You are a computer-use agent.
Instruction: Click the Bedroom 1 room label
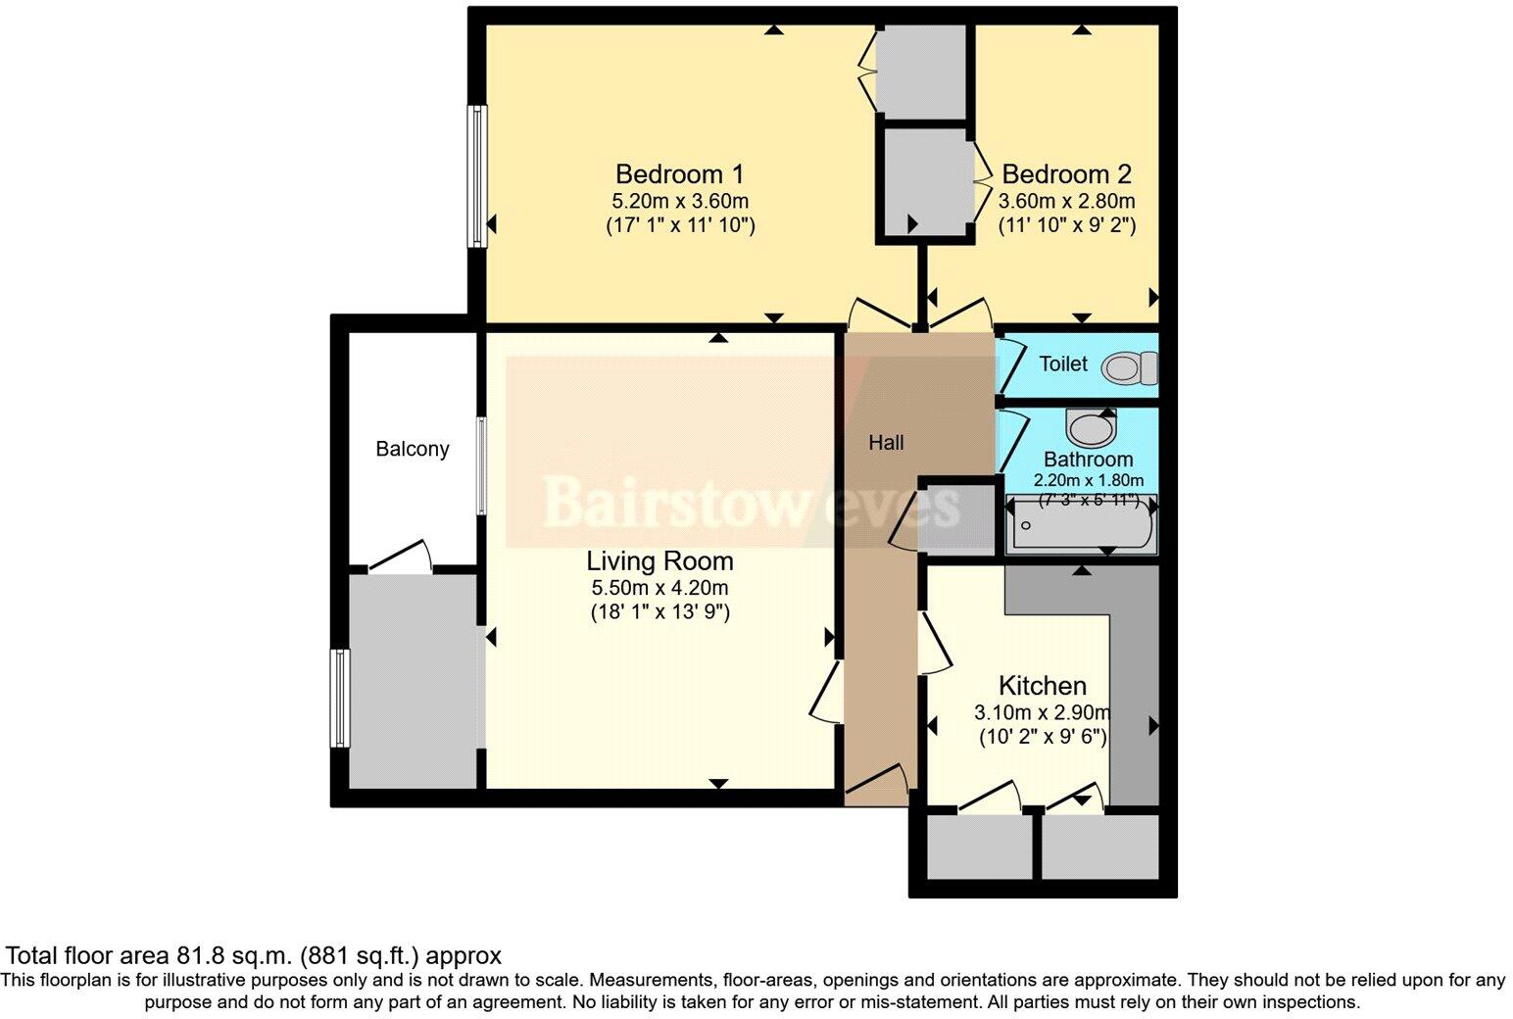coord(679,174)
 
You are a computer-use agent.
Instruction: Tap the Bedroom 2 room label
coord(1066,174)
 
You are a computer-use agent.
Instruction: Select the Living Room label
coord(659,561)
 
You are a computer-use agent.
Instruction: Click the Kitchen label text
coord(1042,685)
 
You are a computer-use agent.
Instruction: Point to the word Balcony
coord(413,449)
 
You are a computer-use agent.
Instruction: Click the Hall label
coord(886,443)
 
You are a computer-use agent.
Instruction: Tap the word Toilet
coord(1063,364)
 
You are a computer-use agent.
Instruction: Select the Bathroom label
coord(1088,460)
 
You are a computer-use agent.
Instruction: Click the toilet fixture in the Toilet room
coord(1129,368)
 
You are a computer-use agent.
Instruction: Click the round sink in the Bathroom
coord(1090,427)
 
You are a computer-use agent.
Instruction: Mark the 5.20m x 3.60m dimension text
coord(679,202)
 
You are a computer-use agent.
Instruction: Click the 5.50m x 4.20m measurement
coord(659,589)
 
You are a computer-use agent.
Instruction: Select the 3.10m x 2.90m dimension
coord(1042,712)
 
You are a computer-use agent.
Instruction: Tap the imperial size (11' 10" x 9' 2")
coord(1066,225)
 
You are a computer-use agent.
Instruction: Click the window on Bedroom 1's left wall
coord(477,176)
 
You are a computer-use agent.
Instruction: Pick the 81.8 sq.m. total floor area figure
coord(235,955)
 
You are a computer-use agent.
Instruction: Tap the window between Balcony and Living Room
coord(481,465)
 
